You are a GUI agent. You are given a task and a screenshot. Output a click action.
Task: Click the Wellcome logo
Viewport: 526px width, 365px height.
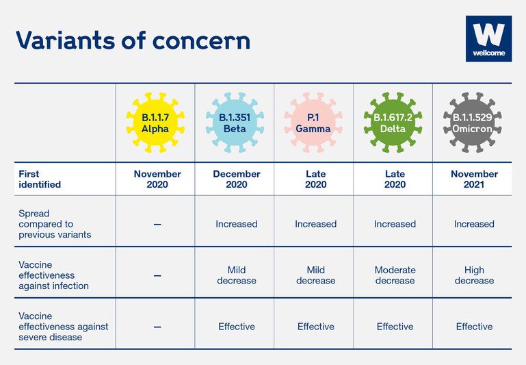[488, 38]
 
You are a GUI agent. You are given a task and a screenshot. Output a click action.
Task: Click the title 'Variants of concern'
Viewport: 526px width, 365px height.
[133, 40]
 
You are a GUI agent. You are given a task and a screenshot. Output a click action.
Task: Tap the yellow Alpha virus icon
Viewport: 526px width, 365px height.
[155, 123]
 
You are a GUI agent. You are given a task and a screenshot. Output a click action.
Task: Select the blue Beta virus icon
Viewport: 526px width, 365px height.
[235, 123]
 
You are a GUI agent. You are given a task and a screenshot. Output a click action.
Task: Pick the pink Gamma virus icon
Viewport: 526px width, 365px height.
[313, 123]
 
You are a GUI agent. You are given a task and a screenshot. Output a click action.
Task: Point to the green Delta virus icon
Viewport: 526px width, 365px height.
[393, 123]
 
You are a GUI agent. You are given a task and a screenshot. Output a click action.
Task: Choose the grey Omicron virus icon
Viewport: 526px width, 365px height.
[473, 123]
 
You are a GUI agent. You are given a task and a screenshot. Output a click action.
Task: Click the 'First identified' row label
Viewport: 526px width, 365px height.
[40, 179]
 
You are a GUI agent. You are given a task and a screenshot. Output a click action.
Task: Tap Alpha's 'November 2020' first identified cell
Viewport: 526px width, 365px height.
[157, 179]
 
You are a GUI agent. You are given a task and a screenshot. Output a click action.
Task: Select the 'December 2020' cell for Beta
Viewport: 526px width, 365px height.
[237, 179]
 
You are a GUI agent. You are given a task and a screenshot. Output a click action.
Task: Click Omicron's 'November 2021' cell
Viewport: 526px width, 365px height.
[474, 179]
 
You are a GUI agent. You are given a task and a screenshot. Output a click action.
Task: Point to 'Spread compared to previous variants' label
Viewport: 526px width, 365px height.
[55, 224]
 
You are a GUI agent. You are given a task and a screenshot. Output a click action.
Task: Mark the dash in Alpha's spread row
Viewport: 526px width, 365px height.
[157, 225]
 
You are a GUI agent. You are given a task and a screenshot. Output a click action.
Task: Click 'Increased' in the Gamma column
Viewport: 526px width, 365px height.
[315, 224]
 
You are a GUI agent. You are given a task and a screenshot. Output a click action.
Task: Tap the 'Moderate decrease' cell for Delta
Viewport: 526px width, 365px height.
[395, 275]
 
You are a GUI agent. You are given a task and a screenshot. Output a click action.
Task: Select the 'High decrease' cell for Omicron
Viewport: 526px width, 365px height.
[474, 275]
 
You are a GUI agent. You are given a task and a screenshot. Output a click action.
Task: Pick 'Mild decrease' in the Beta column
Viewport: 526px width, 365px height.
[237, 275]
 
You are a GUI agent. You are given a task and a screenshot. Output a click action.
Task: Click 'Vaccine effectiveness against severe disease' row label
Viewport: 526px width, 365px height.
[64, 327]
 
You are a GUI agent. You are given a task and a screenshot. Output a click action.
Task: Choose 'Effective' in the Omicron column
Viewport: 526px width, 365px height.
[474, 327]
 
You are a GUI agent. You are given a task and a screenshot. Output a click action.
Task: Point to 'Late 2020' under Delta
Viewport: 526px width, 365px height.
[395, 179]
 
